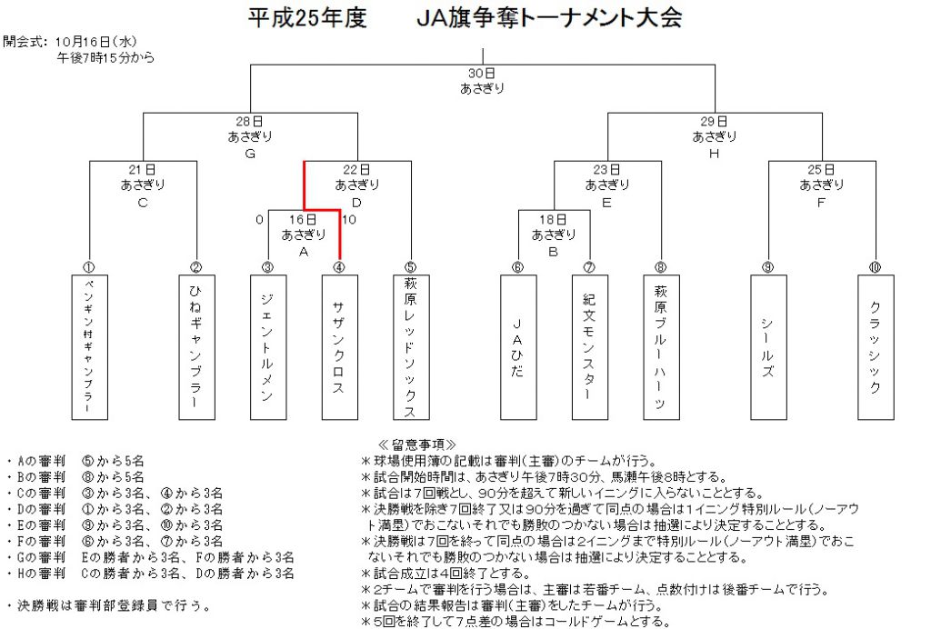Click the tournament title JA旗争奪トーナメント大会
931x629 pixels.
tap(548, 18)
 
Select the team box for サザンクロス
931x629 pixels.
tap(340, 347)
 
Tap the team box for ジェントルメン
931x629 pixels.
tap(268, 347)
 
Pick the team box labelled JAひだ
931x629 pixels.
tap(518, 347)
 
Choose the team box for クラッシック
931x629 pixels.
tap(876, 347)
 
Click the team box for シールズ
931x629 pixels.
tap(768, 347)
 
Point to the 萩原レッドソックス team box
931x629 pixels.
tap(411, 347)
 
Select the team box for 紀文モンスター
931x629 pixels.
tap(589, 347)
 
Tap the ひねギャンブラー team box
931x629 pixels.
tap(196, 347)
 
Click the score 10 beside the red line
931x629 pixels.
tap(349, 220)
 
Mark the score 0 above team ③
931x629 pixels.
tap(259, 220)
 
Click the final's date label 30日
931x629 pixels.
tap(482, 73)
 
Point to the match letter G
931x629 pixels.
tap(250, 154)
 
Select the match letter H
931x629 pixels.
tap(715, 154)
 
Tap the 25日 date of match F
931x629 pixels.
tap(821, 170)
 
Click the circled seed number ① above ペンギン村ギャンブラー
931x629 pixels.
tap(89, 267)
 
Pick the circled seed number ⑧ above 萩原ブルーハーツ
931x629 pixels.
tap(661, 267)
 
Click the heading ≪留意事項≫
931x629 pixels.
tap(417, 444)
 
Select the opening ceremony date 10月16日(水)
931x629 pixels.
tap(96, 42)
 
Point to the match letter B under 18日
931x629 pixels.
tap(554, 252)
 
